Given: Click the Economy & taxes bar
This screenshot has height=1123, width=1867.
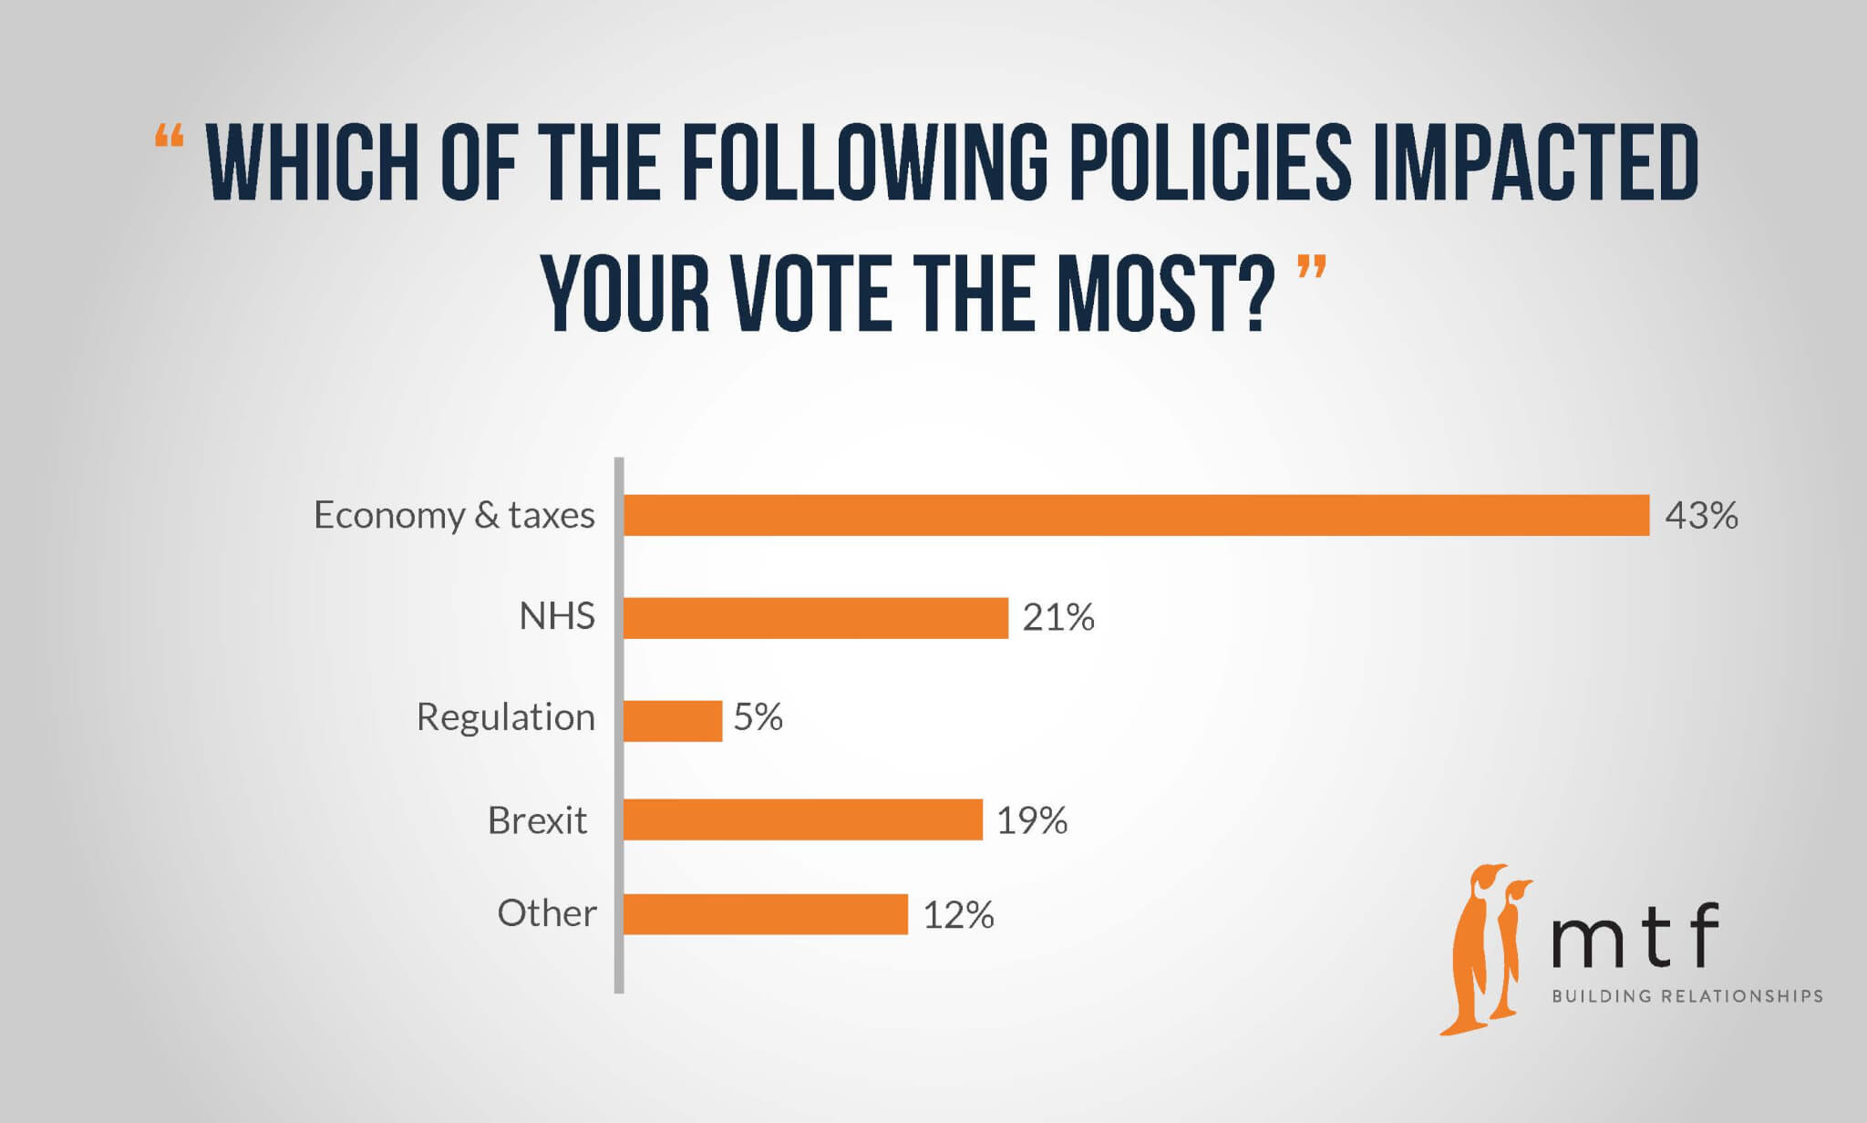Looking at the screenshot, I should (x=1136, y=515).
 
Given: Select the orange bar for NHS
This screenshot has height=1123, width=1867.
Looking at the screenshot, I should (x=816, y=618).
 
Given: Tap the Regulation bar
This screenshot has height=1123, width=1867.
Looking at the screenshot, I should (x=673, y=720).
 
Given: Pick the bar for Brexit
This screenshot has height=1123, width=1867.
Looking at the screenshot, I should (x=803, y=819).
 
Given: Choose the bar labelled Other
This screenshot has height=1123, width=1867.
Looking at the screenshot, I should (x=766, y=914).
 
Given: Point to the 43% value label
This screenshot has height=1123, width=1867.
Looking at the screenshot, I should (x=1701, y=516).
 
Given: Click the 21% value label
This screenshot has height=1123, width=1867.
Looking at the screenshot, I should (x=1057, y=618).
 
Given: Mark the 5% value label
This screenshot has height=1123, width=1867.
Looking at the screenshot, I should (x=758, y=717).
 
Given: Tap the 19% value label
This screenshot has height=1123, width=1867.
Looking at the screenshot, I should (x=1031, y=821).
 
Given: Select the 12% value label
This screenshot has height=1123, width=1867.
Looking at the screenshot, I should (x=958, y=915).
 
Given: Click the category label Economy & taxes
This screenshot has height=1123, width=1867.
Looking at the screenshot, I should (x=454, y=516).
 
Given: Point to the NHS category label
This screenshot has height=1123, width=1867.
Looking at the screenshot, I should (x=556, y=617).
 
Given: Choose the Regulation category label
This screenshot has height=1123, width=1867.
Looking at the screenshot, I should (x=505, y=718).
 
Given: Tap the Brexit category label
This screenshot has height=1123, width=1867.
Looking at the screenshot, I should (x=537, y=820).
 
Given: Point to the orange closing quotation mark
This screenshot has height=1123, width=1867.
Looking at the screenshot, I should (x=1311, y=268).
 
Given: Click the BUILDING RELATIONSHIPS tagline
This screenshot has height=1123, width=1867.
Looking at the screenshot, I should (x=1686, y=996).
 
